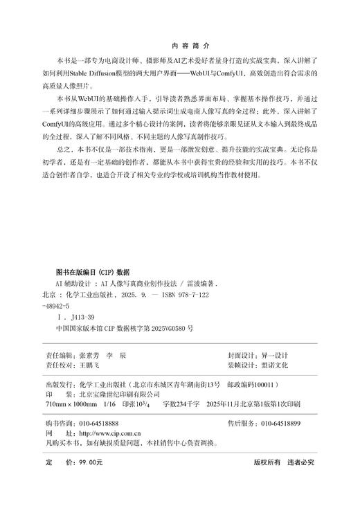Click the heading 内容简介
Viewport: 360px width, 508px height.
(179, 43)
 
